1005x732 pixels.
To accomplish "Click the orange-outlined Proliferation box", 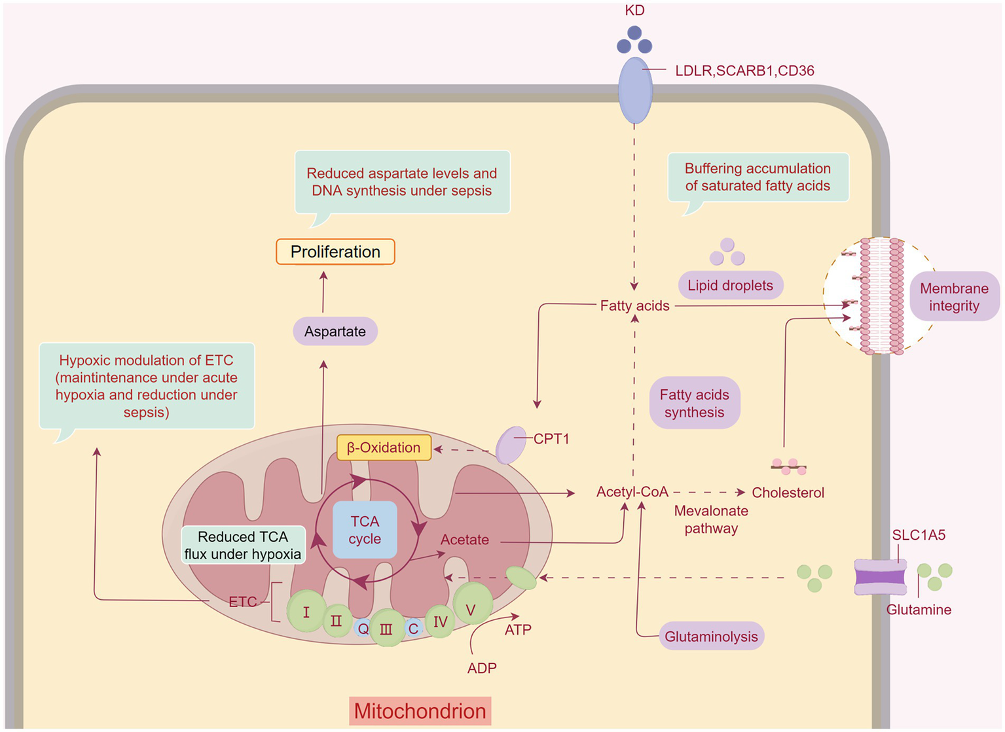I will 335,252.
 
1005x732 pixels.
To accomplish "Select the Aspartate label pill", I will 335,332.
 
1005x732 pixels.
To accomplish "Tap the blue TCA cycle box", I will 365,530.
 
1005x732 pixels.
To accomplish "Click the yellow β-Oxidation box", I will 384,447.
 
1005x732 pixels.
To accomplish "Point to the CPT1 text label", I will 551,439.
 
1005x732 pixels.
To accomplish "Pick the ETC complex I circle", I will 306,612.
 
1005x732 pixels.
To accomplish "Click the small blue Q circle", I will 363,629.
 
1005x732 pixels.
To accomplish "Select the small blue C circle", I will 413,629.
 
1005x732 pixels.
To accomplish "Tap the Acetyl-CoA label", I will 632,492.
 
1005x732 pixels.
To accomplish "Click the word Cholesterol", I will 788,493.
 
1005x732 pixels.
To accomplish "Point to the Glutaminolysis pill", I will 711,636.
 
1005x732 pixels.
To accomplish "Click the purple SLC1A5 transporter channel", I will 880,577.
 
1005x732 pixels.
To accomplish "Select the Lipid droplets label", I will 730,285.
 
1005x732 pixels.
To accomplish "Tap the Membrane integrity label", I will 954,297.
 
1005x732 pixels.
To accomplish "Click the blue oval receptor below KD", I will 635,90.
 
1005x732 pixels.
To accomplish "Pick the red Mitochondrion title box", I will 420,711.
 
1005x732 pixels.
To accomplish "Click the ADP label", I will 482,668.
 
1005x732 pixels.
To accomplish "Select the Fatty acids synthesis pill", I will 694,403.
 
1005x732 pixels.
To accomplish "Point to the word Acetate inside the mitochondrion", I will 464,540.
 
